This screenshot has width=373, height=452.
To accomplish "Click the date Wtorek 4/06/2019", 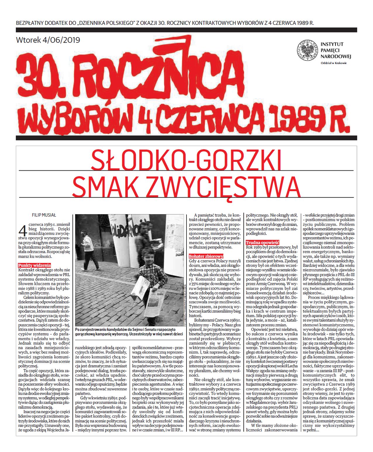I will pos(48,40).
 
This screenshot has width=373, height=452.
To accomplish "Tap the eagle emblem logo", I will pos(307,50).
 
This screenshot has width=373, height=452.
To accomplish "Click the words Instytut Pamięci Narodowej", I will pos(336,50).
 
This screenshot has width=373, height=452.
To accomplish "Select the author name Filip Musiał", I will pos(44,215).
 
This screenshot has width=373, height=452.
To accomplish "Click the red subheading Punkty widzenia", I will pos(34,265).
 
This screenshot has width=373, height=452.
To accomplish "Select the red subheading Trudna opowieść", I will pos(262,243).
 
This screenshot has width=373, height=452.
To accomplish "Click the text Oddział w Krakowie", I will pos(334,63).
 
